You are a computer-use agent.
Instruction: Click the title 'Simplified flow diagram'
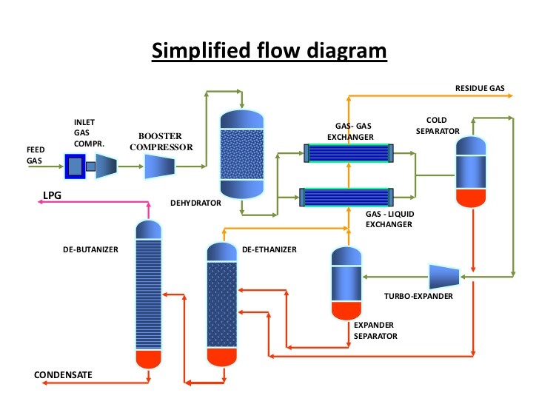click(269, 51)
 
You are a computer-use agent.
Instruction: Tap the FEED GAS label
click(36, 155)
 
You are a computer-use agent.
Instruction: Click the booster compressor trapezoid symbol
click(158, 166)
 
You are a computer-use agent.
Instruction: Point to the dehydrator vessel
click(242, 154)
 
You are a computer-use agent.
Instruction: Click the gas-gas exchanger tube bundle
click(347, 153)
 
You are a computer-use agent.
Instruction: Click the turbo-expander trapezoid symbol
click(443, 276)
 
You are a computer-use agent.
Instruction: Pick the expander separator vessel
click(346, 281)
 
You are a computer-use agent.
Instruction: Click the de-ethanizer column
click(221, 303)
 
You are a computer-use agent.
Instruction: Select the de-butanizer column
click(149, 292)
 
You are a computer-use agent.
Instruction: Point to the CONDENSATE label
click(63, 375)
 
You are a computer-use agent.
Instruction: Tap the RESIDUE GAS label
click(479, 88)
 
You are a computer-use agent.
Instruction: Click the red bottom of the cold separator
click(471, 198)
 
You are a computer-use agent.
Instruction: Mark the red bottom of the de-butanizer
click(149, 358)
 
